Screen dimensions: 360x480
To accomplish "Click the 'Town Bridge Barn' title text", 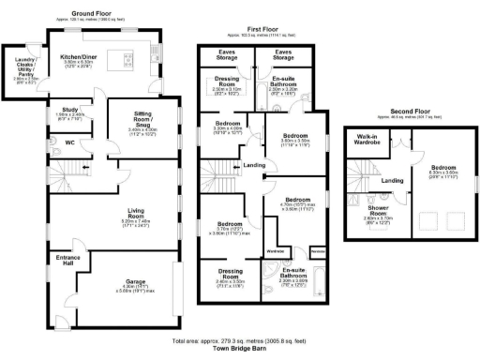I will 239,349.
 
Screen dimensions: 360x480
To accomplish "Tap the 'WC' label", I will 69,142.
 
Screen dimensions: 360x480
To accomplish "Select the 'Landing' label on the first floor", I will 253,166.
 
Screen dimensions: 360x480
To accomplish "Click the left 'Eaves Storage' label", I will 227,55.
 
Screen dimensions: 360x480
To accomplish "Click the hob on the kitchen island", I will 125,61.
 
